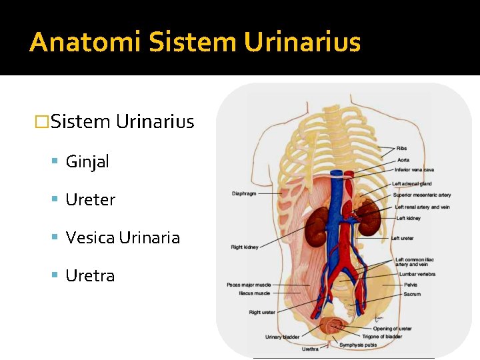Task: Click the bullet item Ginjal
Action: click(x=87, y=161)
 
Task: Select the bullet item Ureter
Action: click(x=91, y=199)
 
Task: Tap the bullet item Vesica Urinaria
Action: click(x=123, y=237)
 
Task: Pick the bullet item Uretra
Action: click(x=90, y=275)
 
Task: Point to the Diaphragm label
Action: click(x=244, y=194)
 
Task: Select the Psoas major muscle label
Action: click(x=249, y=285)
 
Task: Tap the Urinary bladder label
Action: click(x=282, y=337)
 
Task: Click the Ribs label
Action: click(x=402, y=149)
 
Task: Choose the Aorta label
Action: click(x=403, y=160)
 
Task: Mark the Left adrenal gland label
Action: click(x=412, y=184)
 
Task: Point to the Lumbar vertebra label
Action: click(x=417, y=274)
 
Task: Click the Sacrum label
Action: click(x=412, y=294)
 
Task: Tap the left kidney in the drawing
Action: click(x=369, y=219)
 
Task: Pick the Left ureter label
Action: click(x=402, y=238)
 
